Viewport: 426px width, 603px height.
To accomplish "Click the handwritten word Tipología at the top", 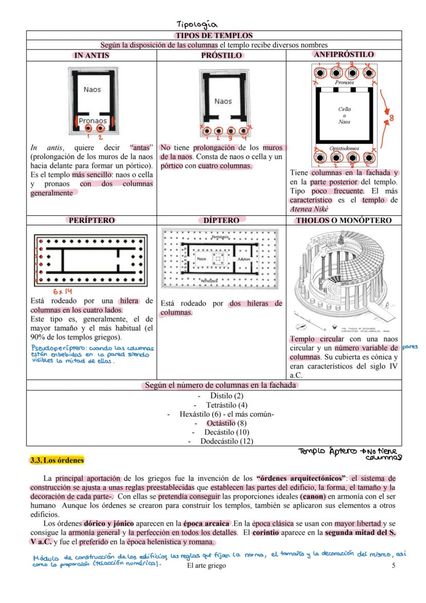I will click(197, 24).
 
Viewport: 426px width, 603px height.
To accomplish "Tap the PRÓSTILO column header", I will click(221, 56).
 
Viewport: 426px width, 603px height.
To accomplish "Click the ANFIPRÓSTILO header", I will click(344, 54).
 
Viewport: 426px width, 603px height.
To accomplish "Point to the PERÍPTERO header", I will click(92, 220).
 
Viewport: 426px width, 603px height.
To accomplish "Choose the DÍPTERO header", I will click(221, 220).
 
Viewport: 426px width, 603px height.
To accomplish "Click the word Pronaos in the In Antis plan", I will click(93, 121).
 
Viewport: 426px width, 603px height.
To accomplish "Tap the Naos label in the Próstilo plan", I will click(223, 101).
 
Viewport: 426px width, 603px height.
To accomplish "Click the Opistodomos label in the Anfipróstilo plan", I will click(344, 148).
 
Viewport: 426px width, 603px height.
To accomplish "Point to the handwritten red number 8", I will click(391, 118).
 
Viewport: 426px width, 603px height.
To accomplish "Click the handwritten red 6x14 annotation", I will click(64, 291).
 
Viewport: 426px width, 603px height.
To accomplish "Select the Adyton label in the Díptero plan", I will click(244, 259).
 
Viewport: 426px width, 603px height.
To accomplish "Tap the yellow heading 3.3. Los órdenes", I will click(57, 460).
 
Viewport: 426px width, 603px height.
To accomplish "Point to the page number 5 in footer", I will click(393, 566).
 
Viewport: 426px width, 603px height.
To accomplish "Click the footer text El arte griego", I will click(206, 566).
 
